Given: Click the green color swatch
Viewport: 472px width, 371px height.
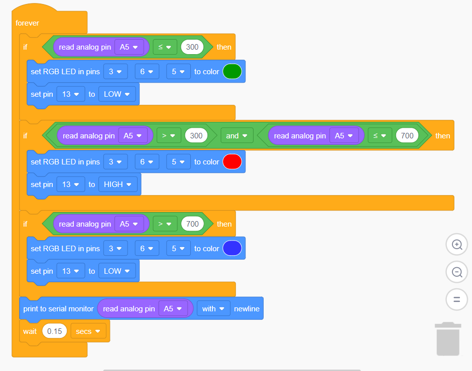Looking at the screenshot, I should [x=232, y=72].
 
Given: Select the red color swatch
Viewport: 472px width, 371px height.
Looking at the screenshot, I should [x=232, y=162].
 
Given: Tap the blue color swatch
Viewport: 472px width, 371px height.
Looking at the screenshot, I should [x=232, y=249].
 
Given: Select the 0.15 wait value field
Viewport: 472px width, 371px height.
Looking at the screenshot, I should [x=55, y=331].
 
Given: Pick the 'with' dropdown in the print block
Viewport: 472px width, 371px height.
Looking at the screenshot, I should [x=213, y=309].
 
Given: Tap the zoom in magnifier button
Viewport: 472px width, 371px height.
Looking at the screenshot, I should [x=457, y=245].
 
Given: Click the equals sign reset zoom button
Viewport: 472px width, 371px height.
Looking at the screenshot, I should [x=457, y=300].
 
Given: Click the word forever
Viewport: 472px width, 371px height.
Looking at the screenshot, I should [x=28, y=23].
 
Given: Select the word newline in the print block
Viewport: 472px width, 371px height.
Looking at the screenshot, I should [x=247, y=309].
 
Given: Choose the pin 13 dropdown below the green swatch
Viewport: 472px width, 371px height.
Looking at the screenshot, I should [x=71, y=94].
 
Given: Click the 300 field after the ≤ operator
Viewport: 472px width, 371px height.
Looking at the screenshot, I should [x=192, y=48].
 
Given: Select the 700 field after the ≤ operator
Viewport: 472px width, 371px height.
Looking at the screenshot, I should [x=407, y=136].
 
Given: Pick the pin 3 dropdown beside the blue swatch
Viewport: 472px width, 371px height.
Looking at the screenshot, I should [x=115, y=249].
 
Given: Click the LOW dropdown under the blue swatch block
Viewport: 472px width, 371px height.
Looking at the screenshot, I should [x=117, y=271].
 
